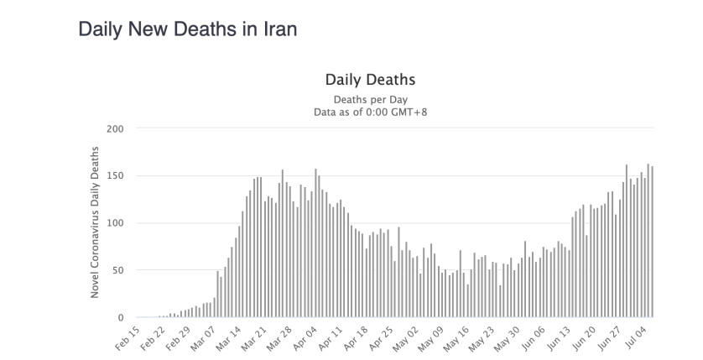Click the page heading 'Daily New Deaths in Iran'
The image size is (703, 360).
pos(187,29)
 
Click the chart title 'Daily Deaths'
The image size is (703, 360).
pos(370,81)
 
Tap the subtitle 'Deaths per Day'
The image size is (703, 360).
pos(370,100)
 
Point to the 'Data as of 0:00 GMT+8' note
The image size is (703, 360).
pos(370,112)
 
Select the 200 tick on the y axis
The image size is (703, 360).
pos(114,129)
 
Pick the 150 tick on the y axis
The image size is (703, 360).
pos(114,176)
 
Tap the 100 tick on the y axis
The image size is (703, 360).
pos(114,223)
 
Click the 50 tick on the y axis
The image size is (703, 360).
pos(117,270)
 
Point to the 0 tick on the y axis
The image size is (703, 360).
pos(120,317)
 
